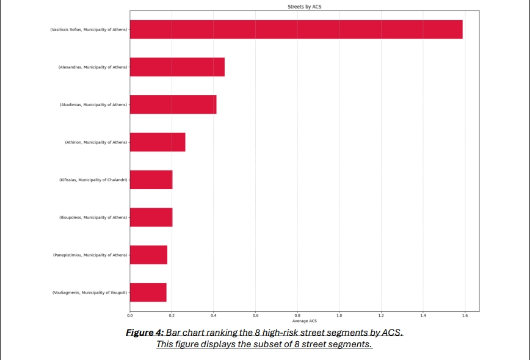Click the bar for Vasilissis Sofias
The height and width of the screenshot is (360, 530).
pos(296,29)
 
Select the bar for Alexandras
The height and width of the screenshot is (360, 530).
pos(177,67)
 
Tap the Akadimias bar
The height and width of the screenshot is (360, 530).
pos(173,104)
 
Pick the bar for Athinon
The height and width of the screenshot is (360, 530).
pos(158,142)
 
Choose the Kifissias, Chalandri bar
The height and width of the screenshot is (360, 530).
pos(151,180)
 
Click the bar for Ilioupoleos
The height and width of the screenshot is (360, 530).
pos(151,217)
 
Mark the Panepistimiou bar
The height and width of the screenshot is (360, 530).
pos(148,255)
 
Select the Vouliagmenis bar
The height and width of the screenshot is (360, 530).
pos(148,292)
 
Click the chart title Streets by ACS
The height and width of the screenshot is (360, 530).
pos(304,7)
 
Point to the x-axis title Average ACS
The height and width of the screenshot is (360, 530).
pos(304,321)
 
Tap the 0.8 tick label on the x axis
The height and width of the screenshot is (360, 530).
pos(297,315)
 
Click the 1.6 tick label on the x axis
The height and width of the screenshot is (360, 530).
pos(465,315)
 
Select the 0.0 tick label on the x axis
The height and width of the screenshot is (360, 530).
pos(130,315)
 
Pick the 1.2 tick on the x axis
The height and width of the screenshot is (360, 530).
pos(381,315)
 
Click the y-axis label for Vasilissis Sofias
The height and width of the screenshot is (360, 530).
pos(89,29)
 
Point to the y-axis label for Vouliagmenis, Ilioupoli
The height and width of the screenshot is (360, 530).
pos(90,293)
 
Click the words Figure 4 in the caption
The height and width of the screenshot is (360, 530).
pos(144,333)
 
